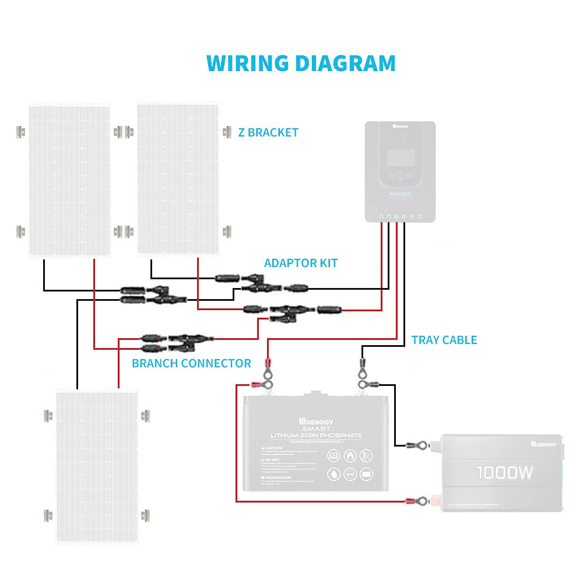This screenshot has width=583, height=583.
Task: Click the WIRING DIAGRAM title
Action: click(x=301, y=63)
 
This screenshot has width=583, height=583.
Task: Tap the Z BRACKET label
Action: click(x=268, y=132)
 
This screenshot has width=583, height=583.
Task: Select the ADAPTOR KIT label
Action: click(x=301, y=263)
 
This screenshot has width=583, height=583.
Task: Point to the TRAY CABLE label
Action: click(x=444, y=340)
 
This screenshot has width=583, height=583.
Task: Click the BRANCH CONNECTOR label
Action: click(x=191, y=363)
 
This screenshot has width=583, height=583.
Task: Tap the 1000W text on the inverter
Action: click(x=505, y=472)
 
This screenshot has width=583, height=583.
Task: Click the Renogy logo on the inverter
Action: click(x=543, y=444)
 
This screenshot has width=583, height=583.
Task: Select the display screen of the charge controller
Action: click(x=401, y=157)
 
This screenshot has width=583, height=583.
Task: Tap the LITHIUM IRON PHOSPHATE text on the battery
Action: click(x=316, y=436)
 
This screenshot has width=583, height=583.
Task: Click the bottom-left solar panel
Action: click(x=96, y=466)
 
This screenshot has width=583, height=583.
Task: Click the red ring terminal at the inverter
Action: click(x=421, y=501)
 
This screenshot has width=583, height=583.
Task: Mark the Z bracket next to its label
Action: click(x=226, y=132)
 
